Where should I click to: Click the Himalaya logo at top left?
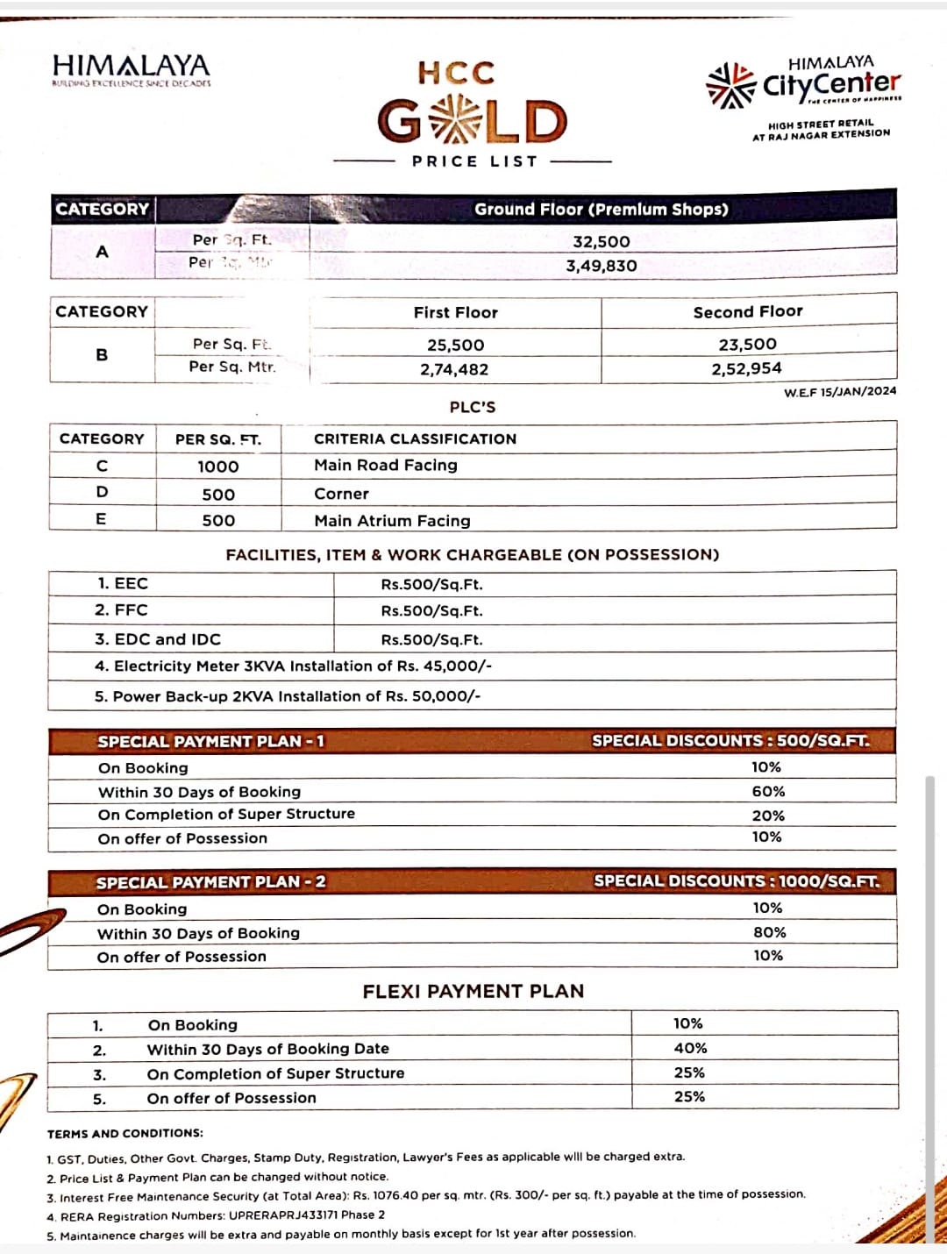coord(132,68)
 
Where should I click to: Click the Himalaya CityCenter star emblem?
coord(730,85)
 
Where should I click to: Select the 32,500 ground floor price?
coord(602,242)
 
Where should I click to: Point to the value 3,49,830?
coord(602,266)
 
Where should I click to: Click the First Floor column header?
coord(456,313)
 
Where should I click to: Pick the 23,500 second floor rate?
coord(748,345)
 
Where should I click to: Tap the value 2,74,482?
coord(454,369)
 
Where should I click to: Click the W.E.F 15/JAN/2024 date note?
coord(840,392)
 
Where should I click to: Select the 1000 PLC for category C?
coord(218,467)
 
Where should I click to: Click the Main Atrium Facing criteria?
coord(392,521)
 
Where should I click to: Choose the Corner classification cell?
coord(342,494)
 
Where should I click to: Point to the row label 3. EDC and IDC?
coord(158,639)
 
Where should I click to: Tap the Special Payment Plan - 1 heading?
coord(210,742)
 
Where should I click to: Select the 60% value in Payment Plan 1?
coord(768,791)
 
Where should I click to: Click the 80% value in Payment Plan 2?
coord(770,932)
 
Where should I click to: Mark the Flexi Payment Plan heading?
coord(473,991)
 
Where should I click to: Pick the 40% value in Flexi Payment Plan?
coord(691,1048)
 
